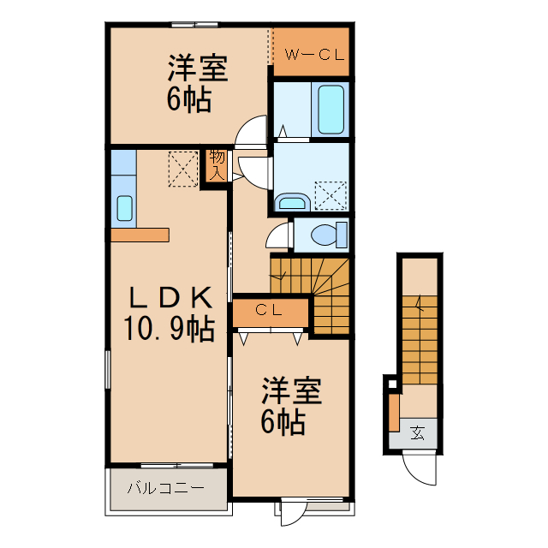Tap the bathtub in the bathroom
(x=332, y=109)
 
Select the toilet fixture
(x=327, y=234)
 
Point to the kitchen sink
(x=124, y=208)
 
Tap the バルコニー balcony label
(x=166, y=489)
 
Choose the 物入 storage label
(x=217, y=164)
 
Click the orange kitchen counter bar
(x=140, y=235)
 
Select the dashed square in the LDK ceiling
(x=182, y=168)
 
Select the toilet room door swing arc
(x=278, y=236)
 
